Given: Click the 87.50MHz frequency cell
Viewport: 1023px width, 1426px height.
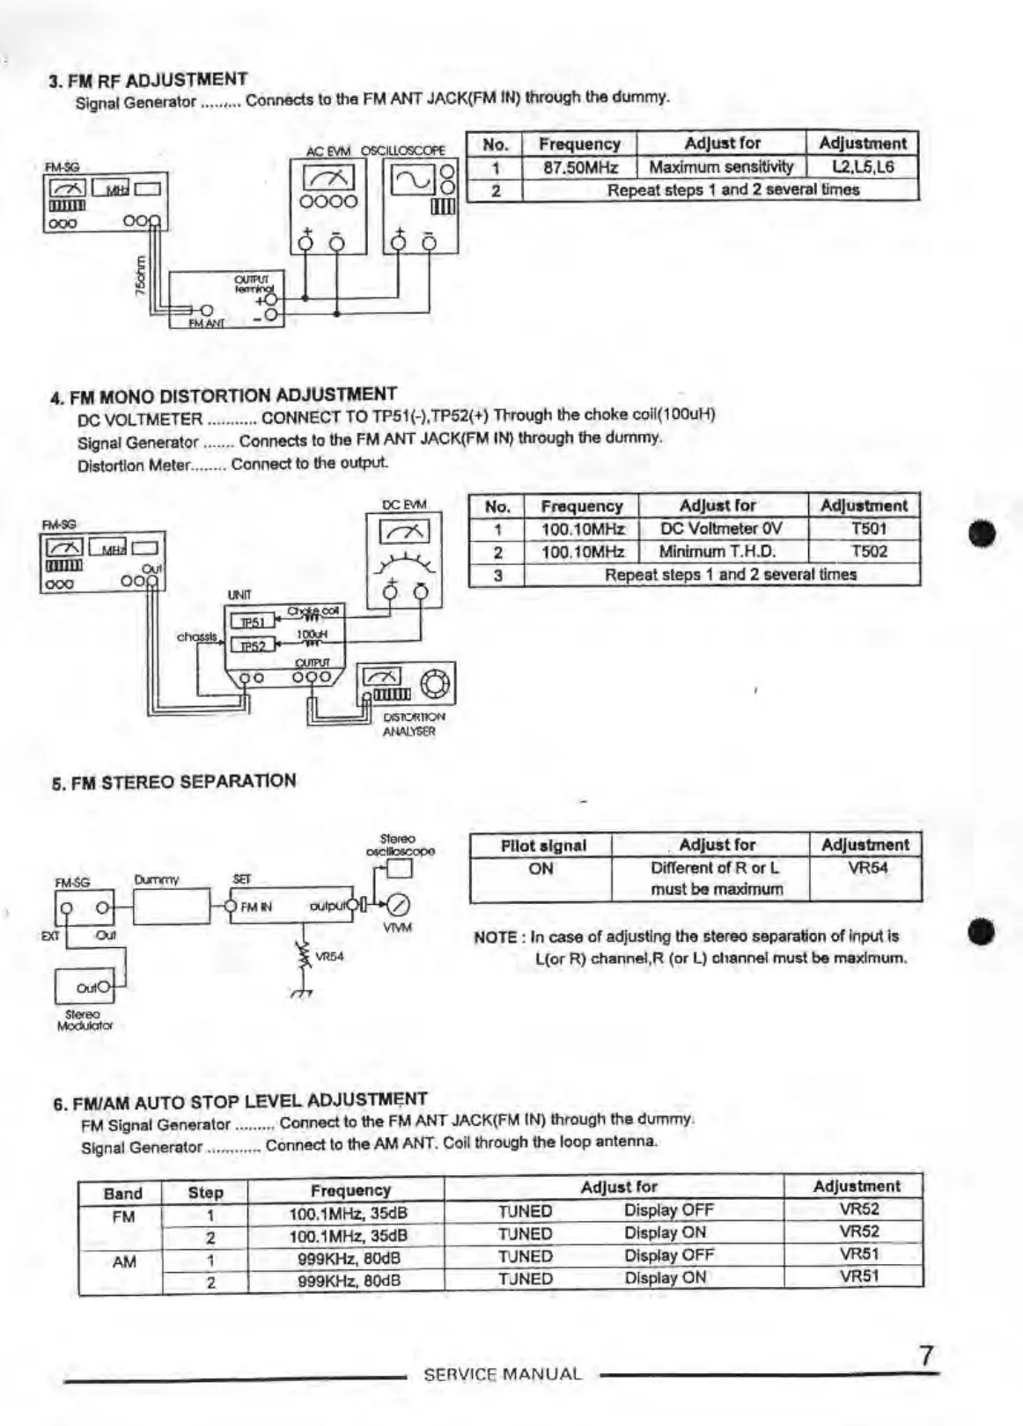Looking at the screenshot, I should tap(579, 167).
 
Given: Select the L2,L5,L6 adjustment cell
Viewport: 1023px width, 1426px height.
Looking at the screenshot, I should tap(862, 166).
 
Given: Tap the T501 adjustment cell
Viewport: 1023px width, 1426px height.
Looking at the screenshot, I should tap(868, 529).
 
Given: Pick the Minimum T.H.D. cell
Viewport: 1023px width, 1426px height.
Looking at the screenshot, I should tap(718, 552).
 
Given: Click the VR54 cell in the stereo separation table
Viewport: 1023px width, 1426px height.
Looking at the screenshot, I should tap(866, 868).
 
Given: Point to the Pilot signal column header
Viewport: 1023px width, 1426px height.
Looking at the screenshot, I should tap(542, 846).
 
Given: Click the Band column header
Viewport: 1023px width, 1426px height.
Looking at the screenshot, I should tap(122, 1194).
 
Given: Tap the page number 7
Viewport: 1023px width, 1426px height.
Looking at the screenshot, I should tap(925, 1356).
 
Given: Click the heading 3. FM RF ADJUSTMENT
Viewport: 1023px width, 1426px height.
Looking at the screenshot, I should tap(148, 80).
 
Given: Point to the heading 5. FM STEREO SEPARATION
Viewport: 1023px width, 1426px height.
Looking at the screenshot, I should tap(173, 782).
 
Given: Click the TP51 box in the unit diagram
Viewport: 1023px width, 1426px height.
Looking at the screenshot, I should tap(253, 622).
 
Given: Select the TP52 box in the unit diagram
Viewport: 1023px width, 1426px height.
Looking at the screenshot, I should tap(253, 646).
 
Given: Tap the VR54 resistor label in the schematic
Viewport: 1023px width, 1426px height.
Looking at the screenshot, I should tap(329, 956).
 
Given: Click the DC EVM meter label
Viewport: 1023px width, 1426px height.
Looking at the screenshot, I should tap(404, 505).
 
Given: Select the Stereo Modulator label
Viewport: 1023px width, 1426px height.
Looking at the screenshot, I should tap(85, 1020).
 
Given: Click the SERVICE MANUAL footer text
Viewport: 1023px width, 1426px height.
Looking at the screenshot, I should tap(503, 1374).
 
